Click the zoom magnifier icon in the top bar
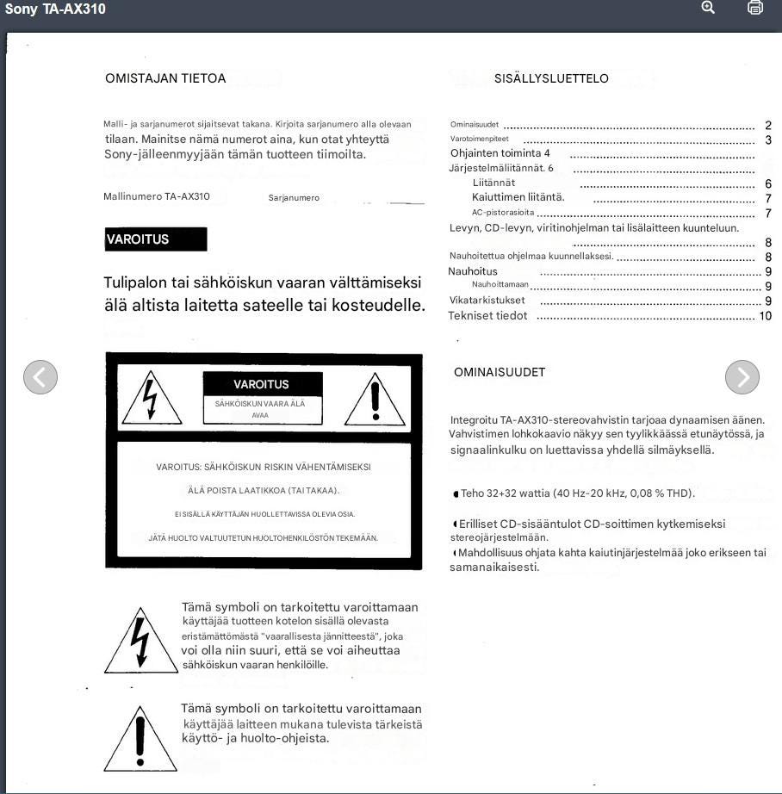point(708,8)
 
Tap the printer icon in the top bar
point(755,8)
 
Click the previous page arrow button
point(40,376)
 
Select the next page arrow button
point(742,376)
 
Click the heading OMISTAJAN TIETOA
point(165,78)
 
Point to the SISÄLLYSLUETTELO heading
point(551,78)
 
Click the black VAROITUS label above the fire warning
point(156,239)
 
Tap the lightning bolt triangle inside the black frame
point(152,400)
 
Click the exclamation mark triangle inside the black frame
point(375,400)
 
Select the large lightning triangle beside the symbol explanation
point(140,642)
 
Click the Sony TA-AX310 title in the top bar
point(55,9)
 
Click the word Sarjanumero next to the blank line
point(294,198)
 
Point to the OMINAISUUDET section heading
point(500,372)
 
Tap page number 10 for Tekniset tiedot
point(765,316)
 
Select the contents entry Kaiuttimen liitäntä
point(518,197)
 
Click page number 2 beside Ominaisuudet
point(768,125)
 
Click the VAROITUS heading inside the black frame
point(261,384)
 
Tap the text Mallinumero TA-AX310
point(157,196)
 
